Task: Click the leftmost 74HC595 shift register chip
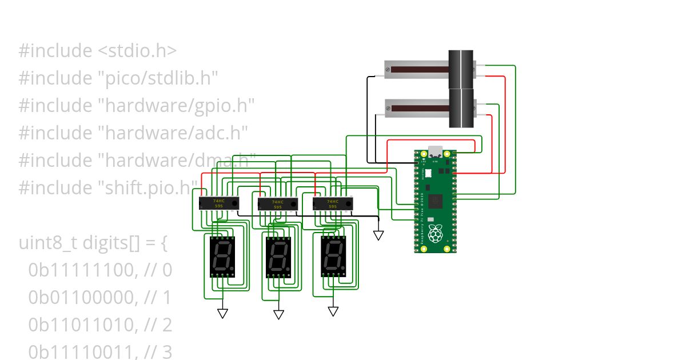click(x=218, y=203)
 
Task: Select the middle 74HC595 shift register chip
click(x=278, y=205)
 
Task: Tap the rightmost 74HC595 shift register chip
click(x=333, y=203)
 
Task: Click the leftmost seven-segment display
click(x=222, y=256)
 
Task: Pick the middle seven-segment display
click(x=278, y=257)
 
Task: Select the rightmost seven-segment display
click(x=333, y=256)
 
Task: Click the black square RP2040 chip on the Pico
click(x=436, y=200)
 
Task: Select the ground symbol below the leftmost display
click(x=222, y=313)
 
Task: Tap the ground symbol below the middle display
click(x=278, y=315)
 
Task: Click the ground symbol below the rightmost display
click(x=333, y=311)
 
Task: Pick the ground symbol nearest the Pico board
click(x=378, y=235)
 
